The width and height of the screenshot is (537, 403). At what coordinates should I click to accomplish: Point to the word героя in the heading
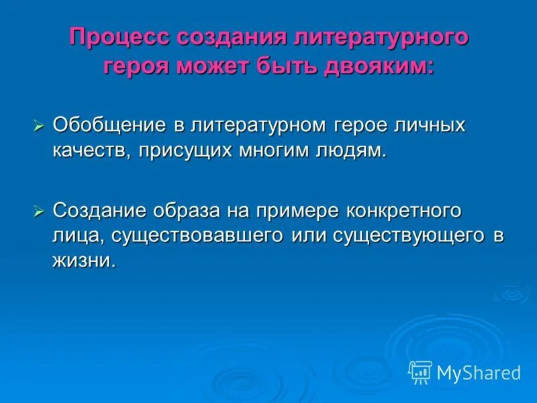click(x=137, y=66)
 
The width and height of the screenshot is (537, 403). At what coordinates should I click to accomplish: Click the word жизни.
click(x=85, y=261)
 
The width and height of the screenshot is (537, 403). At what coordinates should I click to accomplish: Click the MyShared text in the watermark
click(x=479, y=373)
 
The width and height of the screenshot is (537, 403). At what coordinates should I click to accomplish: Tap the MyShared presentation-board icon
click(x=420, y=372)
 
